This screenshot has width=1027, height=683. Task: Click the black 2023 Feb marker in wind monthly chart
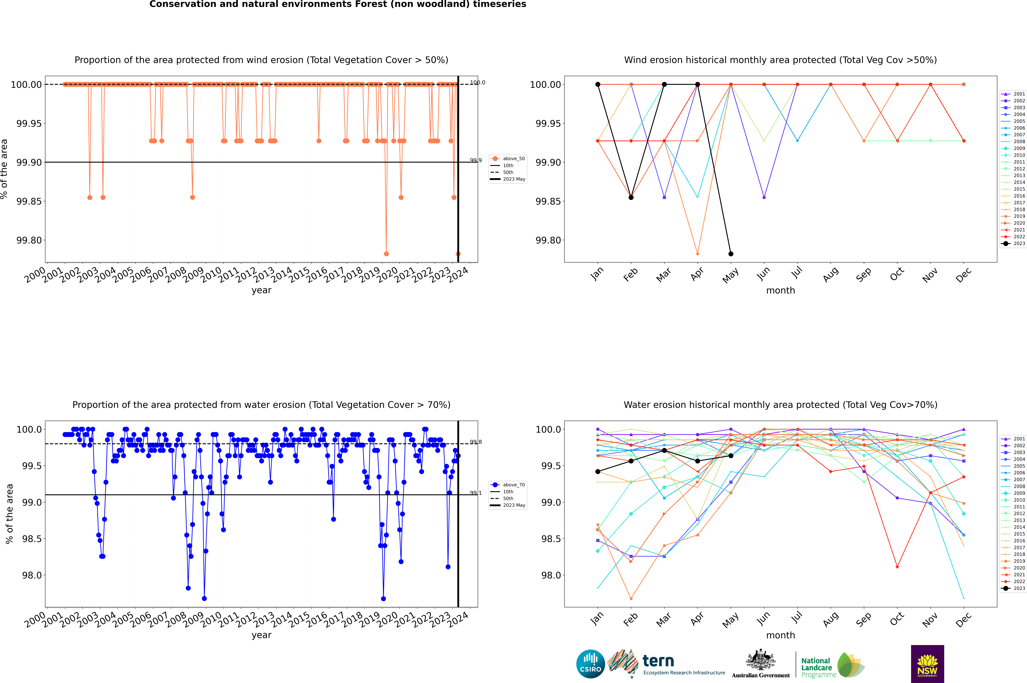631,197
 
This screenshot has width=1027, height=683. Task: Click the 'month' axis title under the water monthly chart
780,635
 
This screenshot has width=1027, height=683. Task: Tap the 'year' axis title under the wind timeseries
261,290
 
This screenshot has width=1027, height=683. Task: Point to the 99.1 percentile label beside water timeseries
475,493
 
